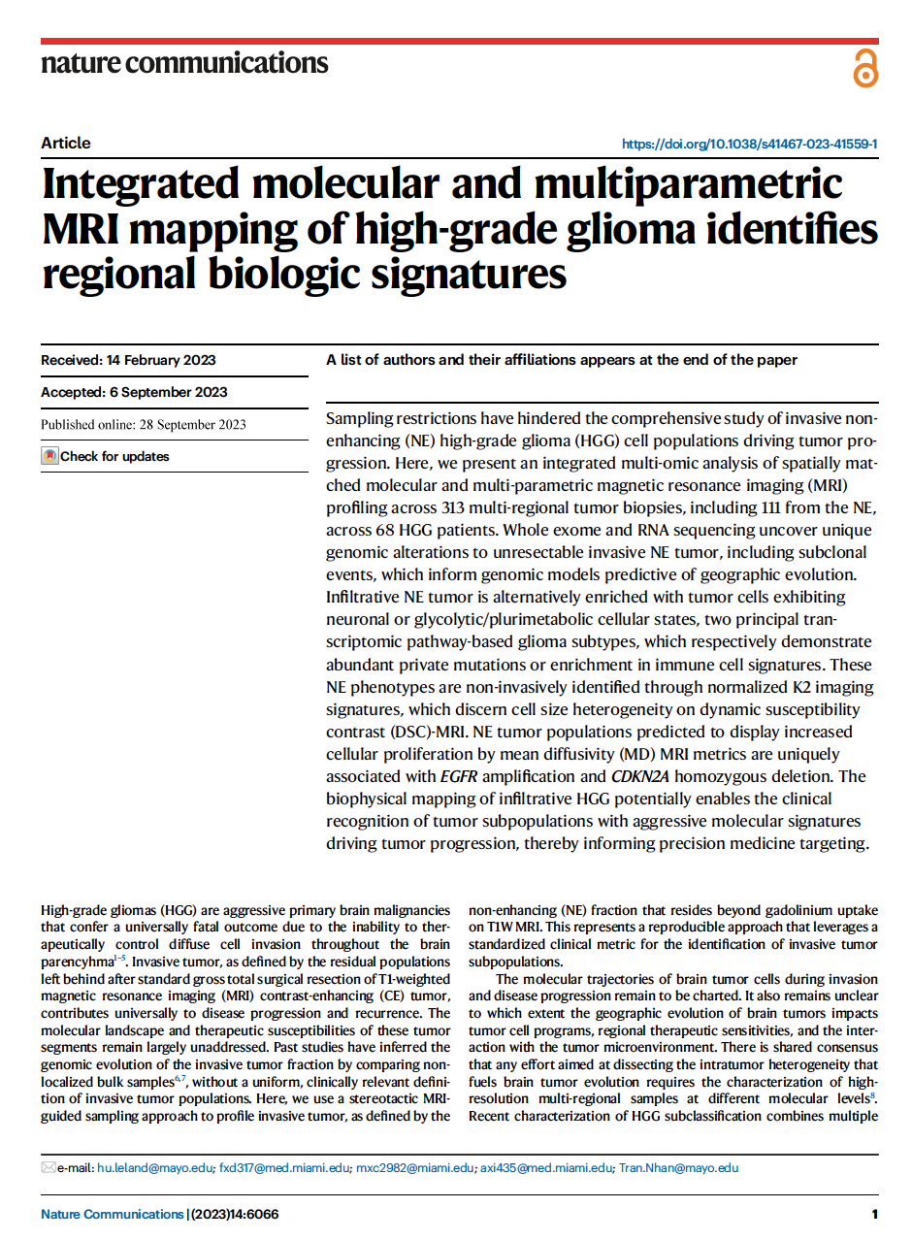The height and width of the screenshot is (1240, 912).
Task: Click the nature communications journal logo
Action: point(184,64)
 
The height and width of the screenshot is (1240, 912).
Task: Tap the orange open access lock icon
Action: point(864,69)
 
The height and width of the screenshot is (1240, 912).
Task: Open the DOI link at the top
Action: point(749,144)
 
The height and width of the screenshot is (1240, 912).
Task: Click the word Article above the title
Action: point(66,143)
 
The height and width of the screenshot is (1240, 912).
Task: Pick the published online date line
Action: point(144,424)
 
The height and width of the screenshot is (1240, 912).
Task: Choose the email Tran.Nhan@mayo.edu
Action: point(678,1168)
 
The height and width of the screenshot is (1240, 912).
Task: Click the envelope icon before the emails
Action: point(49,1168)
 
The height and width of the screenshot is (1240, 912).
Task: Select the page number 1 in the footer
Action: point(874,1214)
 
